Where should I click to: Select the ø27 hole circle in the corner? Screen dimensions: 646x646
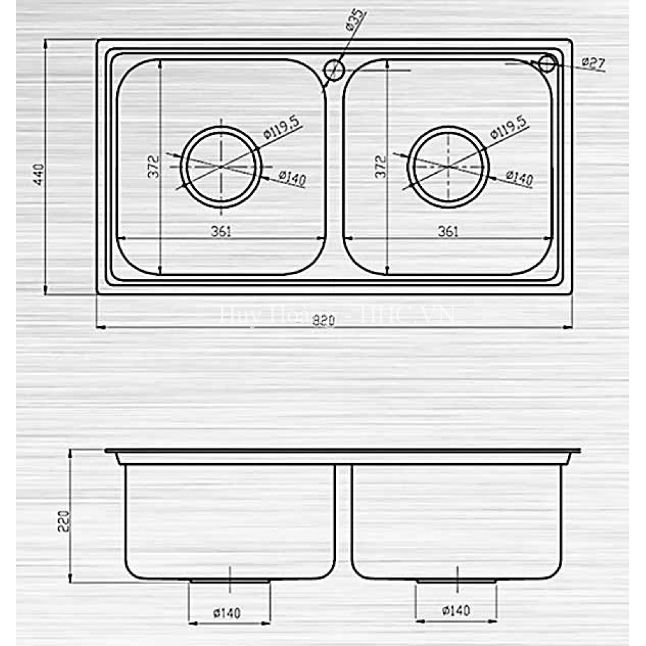coord(547,63)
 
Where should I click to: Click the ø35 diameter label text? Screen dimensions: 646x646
coord(355,21)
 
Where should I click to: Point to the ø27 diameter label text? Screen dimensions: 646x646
coord(592,63)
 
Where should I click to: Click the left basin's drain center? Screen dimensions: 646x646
coord(221,167)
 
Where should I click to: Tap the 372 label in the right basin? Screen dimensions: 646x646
coord(380,167)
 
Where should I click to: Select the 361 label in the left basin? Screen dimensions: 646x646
coord(221,231)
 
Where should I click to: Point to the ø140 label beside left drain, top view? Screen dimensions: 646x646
coord(293,177)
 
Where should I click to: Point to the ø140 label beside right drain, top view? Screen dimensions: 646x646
coord(519,177)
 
